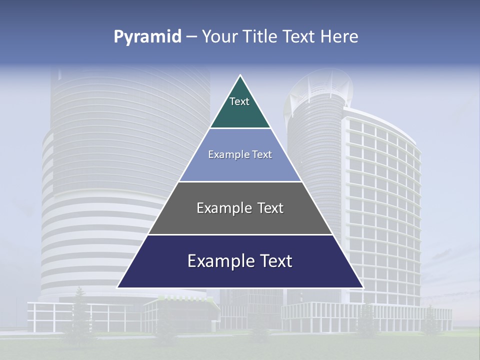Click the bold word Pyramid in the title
point(147,37)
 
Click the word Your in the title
point(219,37)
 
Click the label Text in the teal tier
point(239,101)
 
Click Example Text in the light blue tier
point(240,154)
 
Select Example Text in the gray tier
point(240,208)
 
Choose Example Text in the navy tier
point(240,261)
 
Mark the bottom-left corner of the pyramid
point(118,287)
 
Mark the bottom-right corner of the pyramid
point(362,287)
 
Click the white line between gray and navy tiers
point(240,234)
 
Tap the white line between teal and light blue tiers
point(240,128)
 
